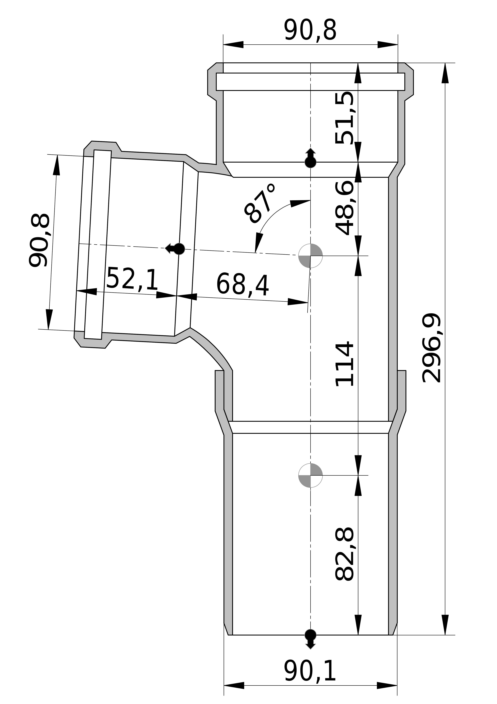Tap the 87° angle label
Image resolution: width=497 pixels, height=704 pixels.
pyautogui.click(x=260, y=204)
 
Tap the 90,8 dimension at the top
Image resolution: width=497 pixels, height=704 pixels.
pyautogui.click(x=310, y=30)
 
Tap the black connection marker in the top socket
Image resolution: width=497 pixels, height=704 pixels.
pyautogui.click(x=310, y=158)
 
